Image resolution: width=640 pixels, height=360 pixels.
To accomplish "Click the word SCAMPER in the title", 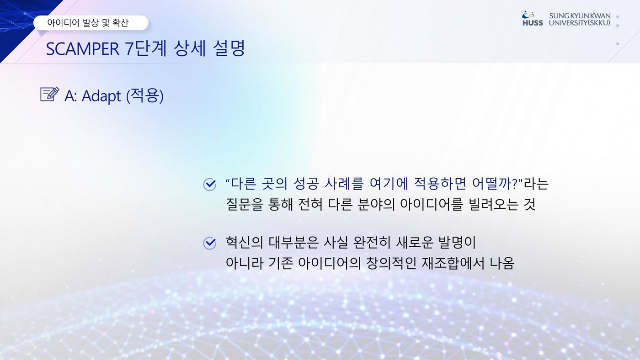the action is (x=83, y=49).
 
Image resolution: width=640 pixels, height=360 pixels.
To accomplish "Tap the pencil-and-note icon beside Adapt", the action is (x=50, y=94).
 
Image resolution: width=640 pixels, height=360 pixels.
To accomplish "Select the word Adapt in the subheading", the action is (x=101, y=96).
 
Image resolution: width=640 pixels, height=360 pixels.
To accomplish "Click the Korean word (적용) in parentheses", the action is (x=145, y=95).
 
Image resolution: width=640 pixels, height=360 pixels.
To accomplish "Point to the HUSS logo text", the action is (x=533, y=23).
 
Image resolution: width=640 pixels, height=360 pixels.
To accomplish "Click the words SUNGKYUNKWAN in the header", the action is (x=580, y=16).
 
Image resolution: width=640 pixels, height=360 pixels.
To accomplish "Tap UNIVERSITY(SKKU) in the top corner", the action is (x=580, y=23).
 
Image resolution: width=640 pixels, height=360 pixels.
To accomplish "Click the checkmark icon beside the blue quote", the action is (x=210, y=185).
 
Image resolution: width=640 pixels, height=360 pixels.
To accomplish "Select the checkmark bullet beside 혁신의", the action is (x=210, y=243).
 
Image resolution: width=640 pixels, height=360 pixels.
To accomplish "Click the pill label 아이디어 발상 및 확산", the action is (x=88, y=22).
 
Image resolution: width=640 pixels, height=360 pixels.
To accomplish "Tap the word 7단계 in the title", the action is (x=146, y=48).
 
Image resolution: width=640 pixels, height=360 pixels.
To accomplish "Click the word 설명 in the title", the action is (x=229, y=48).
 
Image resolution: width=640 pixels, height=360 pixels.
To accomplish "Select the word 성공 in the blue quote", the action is (x=306, y=184).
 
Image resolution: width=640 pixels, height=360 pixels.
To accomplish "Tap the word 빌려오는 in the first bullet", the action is (x=493, y=204).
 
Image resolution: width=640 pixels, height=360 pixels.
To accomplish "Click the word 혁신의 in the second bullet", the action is (x=244, y=243).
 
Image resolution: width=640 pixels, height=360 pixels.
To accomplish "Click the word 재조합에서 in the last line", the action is (x=453, y=263).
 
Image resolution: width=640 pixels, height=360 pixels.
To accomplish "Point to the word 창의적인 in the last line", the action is (x=391, y=263).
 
